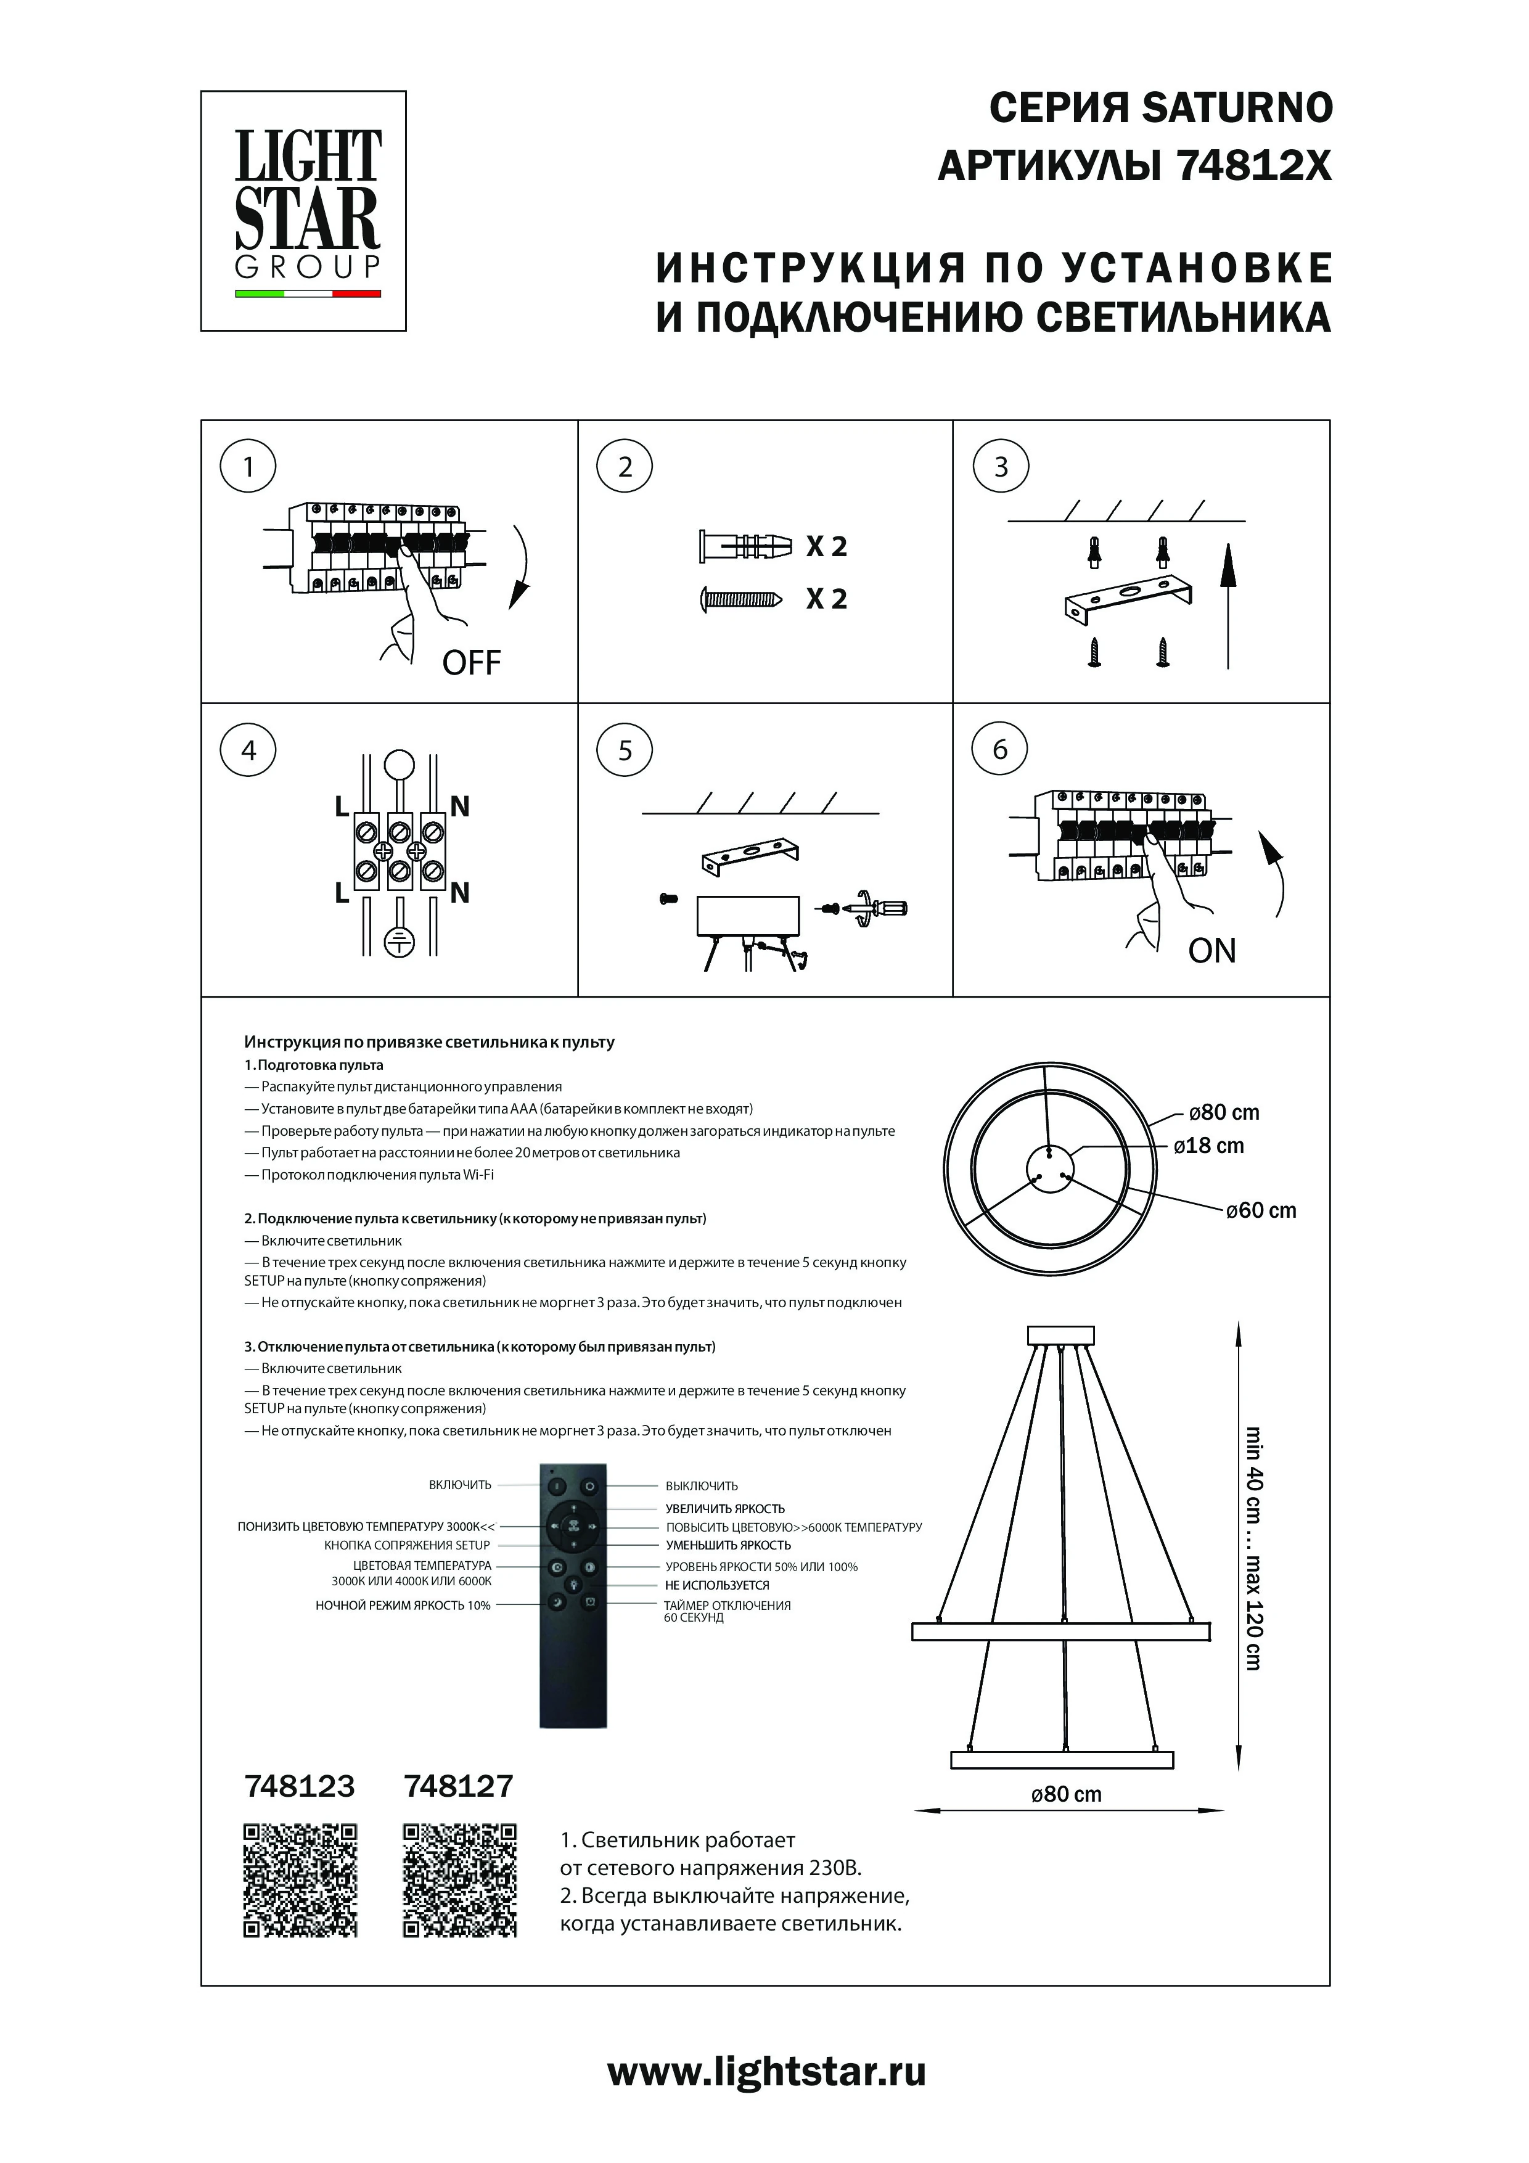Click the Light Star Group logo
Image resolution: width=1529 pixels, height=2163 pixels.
(303, 211)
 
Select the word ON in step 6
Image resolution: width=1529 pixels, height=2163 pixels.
(1211, 951)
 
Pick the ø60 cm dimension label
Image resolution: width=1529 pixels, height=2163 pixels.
(1261, 1210)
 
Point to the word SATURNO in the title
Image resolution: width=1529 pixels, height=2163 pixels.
(1237, 109)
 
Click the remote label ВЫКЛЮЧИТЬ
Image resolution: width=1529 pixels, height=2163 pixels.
(702, 1485)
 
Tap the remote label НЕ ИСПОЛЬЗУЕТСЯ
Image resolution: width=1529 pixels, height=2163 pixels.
(717, 1585)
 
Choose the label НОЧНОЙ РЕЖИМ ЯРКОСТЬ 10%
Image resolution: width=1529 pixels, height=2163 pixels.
(403, 1605)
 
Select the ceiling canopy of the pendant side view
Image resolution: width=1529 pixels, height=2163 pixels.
(1062, 1336)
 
